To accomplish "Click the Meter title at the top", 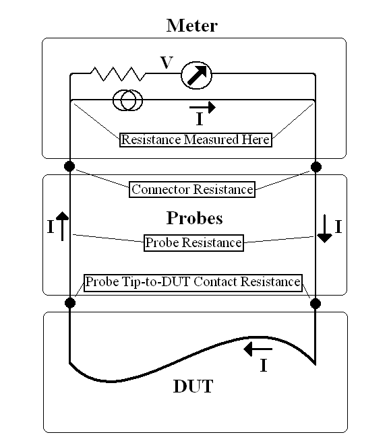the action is [192, 26].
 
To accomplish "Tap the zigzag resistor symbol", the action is [118, 74].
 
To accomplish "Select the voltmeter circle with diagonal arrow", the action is [196, 75].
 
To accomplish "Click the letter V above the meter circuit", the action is [167, 63].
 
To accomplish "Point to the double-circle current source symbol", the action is [127, 100].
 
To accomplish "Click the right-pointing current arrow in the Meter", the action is [202, 107].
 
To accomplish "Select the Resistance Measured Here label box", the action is [196, 140].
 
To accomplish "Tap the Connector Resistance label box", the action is [192, 189].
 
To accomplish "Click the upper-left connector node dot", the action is [69, 166].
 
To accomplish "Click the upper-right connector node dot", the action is [316, 167].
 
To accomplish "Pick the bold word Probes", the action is [194, 218].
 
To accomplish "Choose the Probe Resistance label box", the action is [193, 242].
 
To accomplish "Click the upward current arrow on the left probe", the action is [62, 226].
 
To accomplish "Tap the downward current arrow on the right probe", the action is [324, 228].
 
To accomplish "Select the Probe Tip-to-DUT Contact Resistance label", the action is [193, 282].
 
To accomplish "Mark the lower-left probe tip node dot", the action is [70, 303].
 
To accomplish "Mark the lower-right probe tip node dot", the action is [316, 304].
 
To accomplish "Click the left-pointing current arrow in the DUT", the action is [258, 349].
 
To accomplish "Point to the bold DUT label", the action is [193, 386].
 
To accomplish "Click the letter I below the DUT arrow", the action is [264, 366].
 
